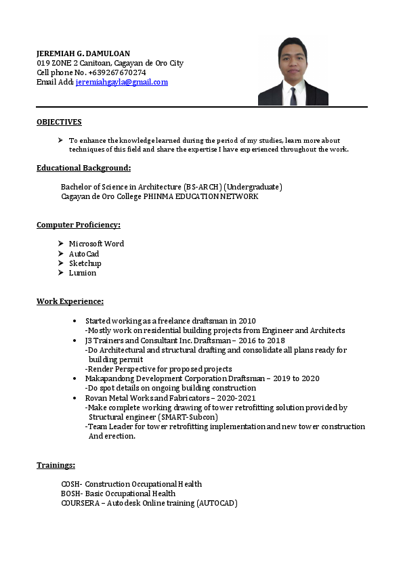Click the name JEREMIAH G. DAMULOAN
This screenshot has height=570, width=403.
(x=83, y=53)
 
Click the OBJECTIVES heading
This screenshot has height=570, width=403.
(x=59, y=122)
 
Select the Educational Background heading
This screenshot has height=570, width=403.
(x=83, y=168)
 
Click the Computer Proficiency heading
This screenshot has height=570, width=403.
(x=79, y=225)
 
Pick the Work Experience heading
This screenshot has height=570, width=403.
(x=70, y=301)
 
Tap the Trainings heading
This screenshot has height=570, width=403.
(x=56, y=465)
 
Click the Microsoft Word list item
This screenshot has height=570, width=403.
(x=96, y=244)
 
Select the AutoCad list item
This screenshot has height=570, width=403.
(x=84, y=254)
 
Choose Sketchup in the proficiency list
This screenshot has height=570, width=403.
(x=85, y=263)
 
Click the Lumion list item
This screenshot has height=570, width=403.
(x=83, y=273)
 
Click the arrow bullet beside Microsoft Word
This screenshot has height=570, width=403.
(x=61, y=244)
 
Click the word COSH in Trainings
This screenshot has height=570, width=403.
(x=70, y=484)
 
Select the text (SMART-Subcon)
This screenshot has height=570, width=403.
(x=188, y=418)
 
